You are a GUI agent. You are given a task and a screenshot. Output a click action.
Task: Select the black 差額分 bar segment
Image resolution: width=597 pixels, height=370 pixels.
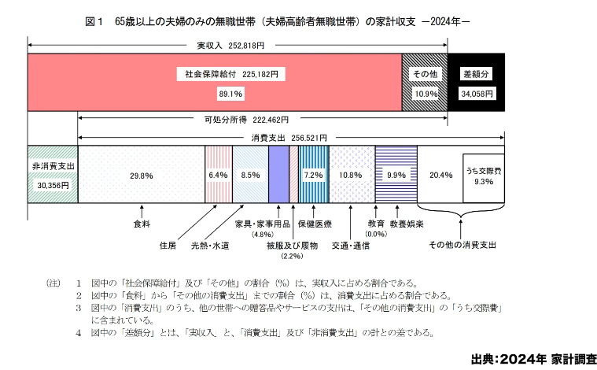click(477, 83)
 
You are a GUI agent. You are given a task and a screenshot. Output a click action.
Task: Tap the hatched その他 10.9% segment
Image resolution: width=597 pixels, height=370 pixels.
click(425, 83)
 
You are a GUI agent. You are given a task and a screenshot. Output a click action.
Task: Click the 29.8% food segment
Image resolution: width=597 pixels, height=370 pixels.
click(141, 176)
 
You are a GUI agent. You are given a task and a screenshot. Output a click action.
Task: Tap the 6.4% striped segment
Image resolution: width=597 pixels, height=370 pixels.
click(218, 176)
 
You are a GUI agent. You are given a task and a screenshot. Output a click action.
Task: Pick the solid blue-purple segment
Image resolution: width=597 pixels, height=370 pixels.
click(278, 176)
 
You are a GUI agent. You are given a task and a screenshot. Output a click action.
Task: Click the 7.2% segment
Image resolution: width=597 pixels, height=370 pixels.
click(314, 176)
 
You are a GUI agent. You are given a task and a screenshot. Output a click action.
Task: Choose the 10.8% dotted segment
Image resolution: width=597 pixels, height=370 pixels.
click(351, 176)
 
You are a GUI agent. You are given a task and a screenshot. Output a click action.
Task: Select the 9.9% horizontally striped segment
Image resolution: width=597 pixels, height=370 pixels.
click(396, 176)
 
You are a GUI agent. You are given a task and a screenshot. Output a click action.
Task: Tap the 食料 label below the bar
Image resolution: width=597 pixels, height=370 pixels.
click(142, 223)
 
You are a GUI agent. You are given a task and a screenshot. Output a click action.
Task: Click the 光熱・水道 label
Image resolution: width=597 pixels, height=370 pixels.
click(210, 246)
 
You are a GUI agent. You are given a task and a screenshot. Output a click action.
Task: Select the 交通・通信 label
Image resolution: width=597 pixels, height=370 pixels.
click(350, 246)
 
